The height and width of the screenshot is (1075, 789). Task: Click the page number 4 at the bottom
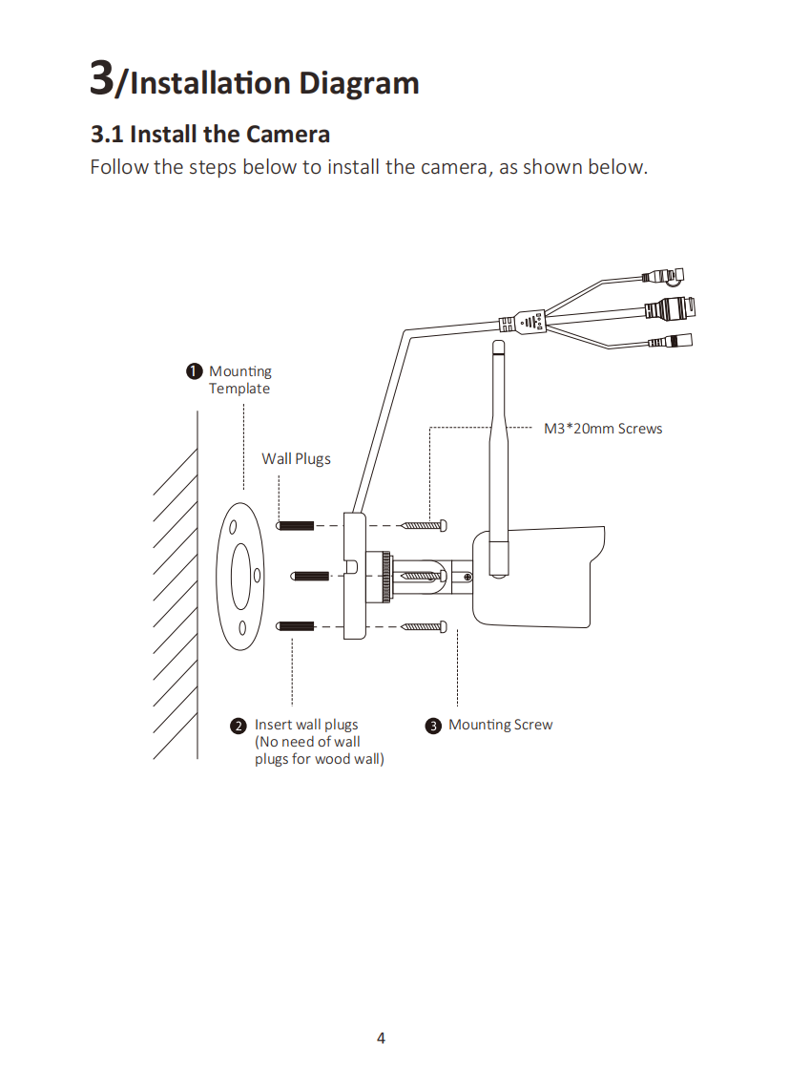coord(381,1038)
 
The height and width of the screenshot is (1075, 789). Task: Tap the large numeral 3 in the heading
coord(102,77)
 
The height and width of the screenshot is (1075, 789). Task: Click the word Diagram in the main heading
coord(359,84)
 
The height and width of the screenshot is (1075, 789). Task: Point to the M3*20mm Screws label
coord(603,429)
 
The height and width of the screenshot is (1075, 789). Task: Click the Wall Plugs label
coord(296,458)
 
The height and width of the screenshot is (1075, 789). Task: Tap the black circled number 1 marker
coord(195,370)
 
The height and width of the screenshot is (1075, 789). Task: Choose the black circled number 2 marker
coord(238,726)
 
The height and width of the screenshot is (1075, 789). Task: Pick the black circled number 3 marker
coord(433,726)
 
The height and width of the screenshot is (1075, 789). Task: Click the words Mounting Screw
coord(500,725)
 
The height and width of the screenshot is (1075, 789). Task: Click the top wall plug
coord(295,526)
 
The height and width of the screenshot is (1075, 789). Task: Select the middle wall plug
coord(311,576)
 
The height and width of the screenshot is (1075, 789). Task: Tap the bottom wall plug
coord(295,626)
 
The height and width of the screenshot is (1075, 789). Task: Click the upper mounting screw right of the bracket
coord(424,526)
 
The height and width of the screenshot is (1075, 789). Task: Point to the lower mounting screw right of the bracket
coord(424,626)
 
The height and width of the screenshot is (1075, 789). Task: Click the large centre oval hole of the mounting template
coord(241,577)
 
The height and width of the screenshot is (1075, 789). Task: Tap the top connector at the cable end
coord(663,276)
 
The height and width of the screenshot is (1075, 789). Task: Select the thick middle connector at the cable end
coord(671,309)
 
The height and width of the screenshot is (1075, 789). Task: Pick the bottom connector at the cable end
coord(671,341)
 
